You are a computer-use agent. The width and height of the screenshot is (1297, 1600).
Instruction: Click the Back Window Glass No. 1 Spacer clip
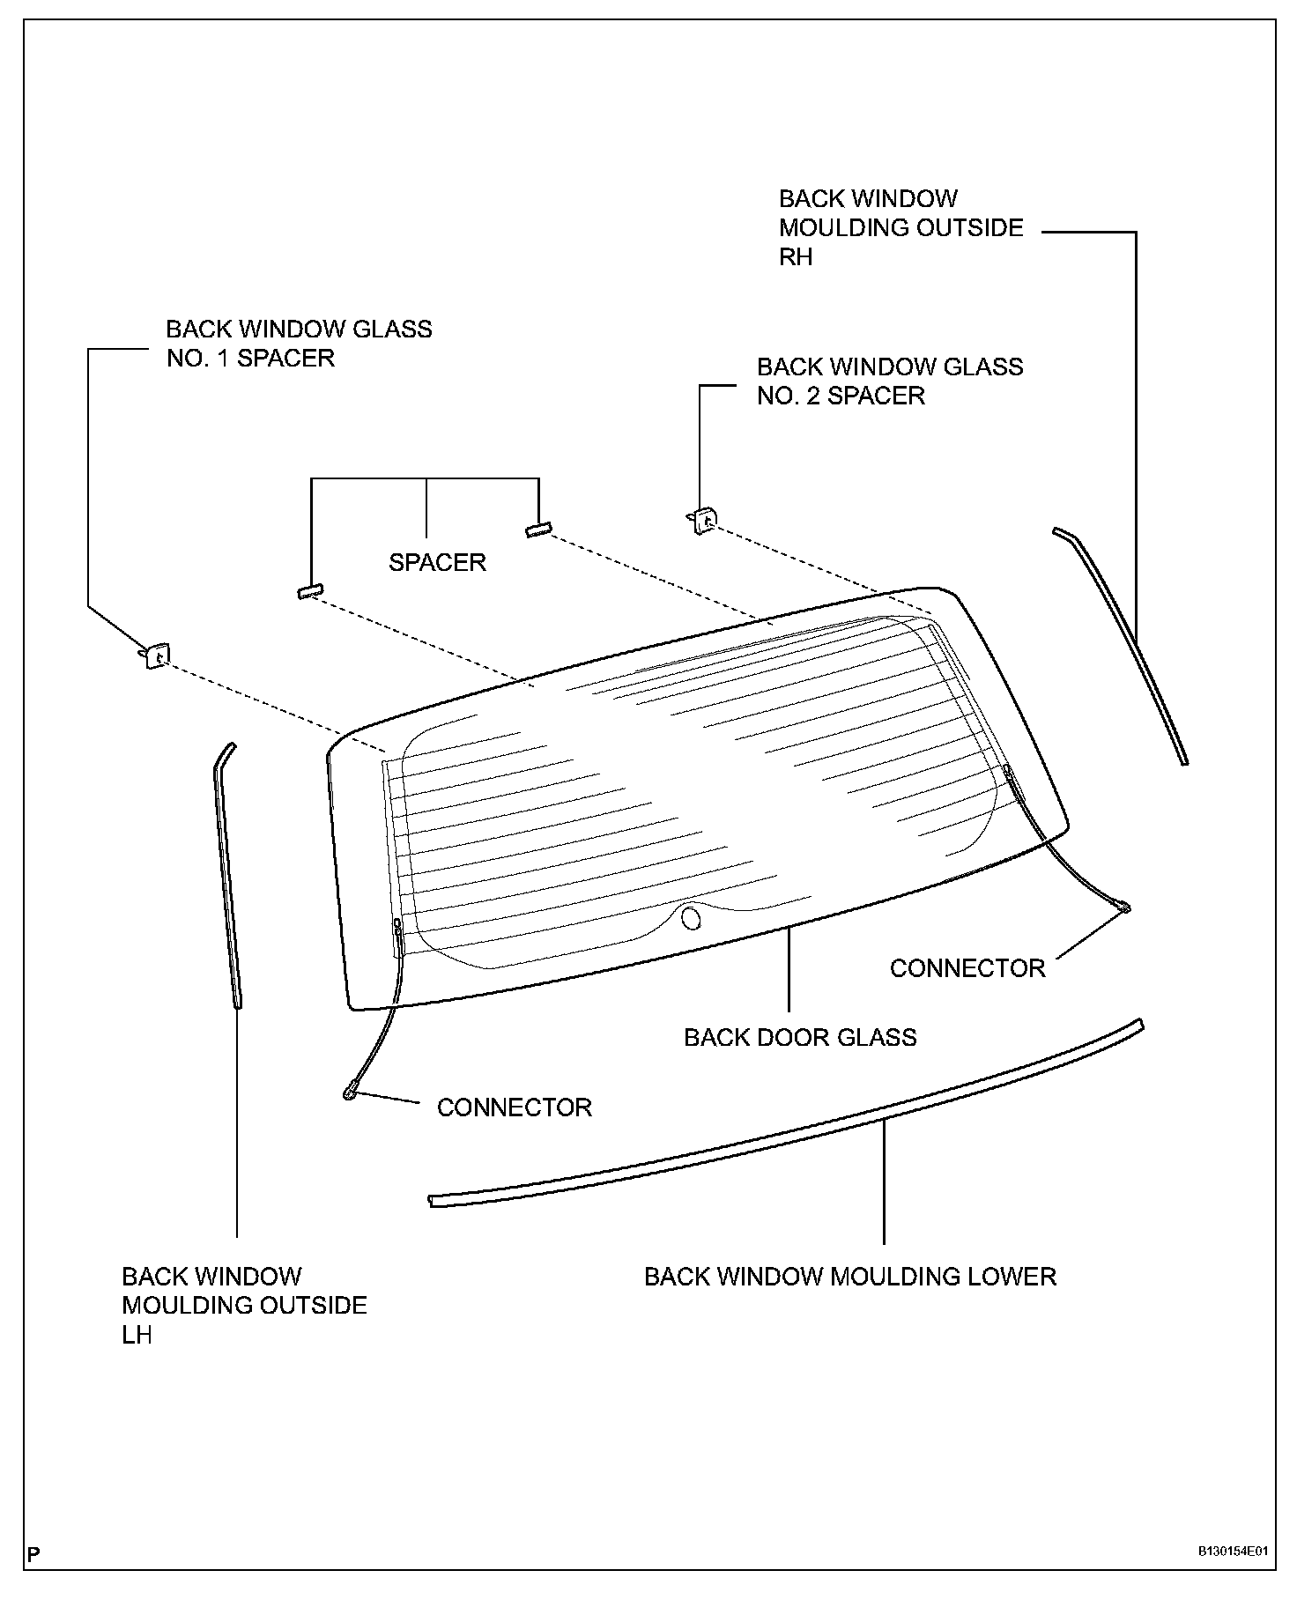pyautogui.click(x=157, y=656)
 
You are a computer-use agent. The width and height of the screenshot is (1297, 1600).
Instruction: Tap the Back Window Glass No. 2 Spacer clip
pyautogui.click(x=702, y=522)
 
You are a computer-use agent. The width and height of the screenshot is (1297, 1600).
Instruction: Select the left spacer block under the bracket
pyautogui.click(x=310, y=591)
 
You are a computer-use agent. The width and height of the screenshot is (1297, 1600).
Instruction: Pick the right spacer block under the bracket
pyautogui.click(x=537, y=530)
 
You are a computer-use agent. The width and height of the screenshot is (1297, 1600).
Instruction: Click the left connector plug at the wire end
pyautogui.click(x=351, y=1093)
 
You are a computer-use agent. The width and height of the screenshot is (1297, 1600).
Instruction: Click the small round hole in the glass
pyautogui.click(x=692, y=918)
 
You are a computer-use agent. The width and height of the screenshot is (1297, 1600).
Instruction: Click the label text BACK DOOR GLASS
pyautogui.click(x=800, y=1037)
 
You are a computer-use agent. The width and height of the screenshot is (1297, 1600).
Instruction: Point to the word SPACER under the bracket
pyautogui.click(x=437, y=562)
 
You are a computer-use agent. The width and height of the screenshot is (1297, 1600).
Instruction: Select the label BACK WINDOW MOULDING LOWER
pyautogui.click(x=849, y=1277)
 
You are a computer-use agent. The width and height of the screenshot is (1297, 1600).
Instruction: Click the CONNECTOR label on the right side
pyautogui.click(x=967, y=968)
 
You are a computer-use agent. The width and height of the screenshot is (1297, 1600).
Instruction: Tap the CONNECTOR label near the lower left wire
pyautogui.click(x=514, y=1107)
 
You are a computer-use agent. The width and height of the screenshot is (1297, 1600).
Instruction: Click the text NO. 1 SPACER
pyautogui.click(x=250, y=359)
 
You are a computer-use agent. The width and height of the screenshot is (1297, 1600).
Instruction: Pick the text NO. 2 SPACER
pyautogui.click(x=841, y=396)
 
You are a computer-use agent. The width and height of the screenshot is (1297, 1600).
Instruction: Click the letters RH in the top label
pyautogui.click(x=795, y=256)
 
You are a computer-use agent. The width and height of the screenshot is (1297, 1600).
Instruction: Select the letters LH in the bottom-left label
pyautogui.click(x=137, y=1335)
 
